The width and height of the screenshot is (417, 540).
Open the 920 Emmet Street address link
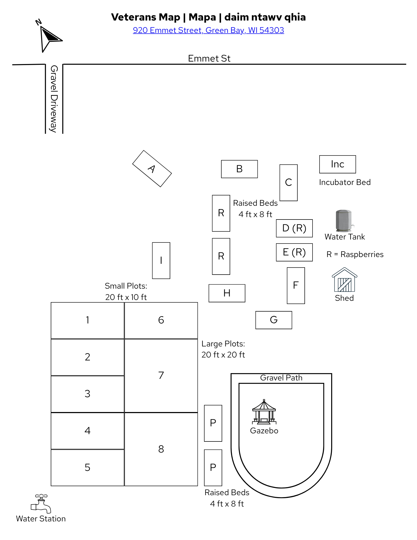click(x=208, y=30)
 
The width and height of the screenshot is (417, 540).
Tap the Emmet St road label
click(x=209, y=58)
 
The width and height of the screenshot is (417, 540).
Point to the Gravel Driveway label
click(x=54, y=99)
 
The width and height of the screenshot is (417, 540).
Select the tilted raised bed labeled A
click(x=152, y=168)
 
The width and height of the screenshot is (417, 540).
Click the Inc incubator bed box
click(x=338, y=164)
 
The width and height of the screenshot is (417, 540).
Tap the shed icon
click(x=344, y=280)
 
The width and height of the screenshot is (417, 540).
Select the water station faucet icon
click(x=41, y=504)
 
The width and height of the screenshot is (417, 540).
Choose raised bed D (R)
click(x=294, y=228)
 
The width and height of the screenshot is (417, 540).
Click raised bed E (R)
click(x=294, y=252)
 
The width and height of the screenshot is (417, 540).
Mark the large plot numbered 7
click(x=161, y=376)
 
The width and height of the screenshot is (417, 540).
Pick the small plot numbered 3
click(x=87, y=394)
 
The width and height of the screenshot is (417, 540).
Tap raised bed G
click(x=274, y=320)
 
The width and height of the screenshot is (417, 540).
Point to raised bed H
click(x=227, y=293)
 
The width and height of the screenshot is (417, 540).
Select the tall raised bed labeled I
click(x=161, y=261)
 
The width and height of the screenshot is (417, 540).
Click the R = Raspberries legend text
click(x=355, y=254)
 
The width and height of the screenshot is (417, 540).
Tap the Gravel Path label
click(x=281, y=378)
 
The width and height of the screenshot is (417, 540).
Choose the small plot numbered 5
click(x=87, y=468)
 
